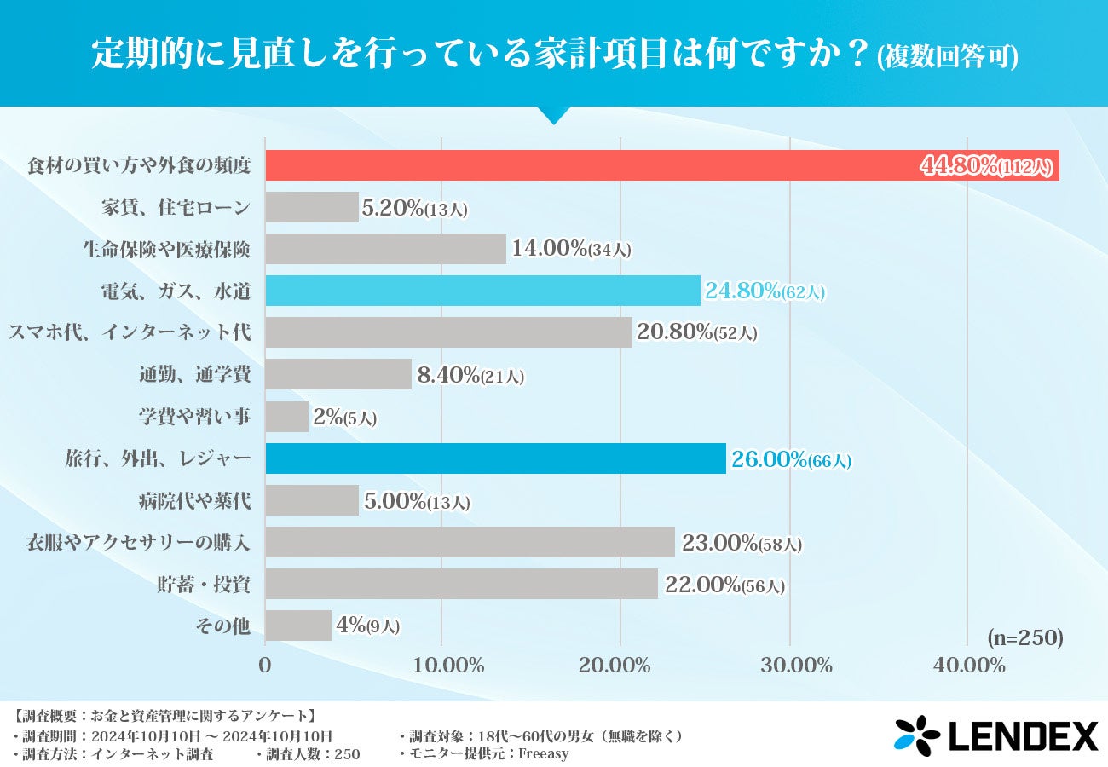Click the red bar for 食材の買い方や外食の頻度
[x=597, y=165]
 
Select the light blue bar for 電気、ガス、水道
[x=482, y=291]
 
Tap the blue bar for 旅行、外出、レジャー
[x=495, y=458]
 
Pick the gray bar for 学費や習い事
[x=286, y=417]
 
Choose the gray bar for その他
[x=298, y=626]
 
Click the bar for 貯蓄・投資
[x=461, y=584]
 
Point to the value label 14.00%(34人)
[x=571, y=249]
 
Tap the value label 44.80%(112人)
[x=987, y=166]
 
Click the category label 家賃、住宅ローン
[x=176, y=207]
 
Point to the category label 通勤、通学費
[x=194, y=374]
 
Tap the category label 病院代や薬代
[x=194, y=500]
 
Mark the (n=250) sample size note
[x=1025, y=637]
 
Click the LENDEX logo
[x=995, y=735]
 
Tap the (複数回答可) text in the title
[x=947, y=57]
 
